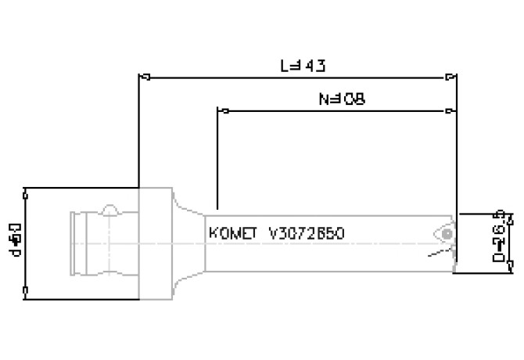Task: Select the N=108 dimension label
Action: click(342, 99)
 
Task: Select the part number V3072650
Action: click(306, 233)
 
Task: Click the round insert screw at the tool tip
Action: click(445, 234)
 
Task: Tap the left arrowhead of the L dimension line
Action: click(142, 77)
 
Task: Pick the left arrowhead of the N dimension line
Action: click(221, 110)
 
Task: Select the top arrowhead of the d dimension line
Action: click(27, 191)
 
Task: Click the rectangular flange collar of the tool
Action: click(155, 243)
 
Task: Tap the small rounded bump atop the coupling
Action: click(111, 211)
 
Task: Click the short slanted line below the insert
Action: click(435, 255)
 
